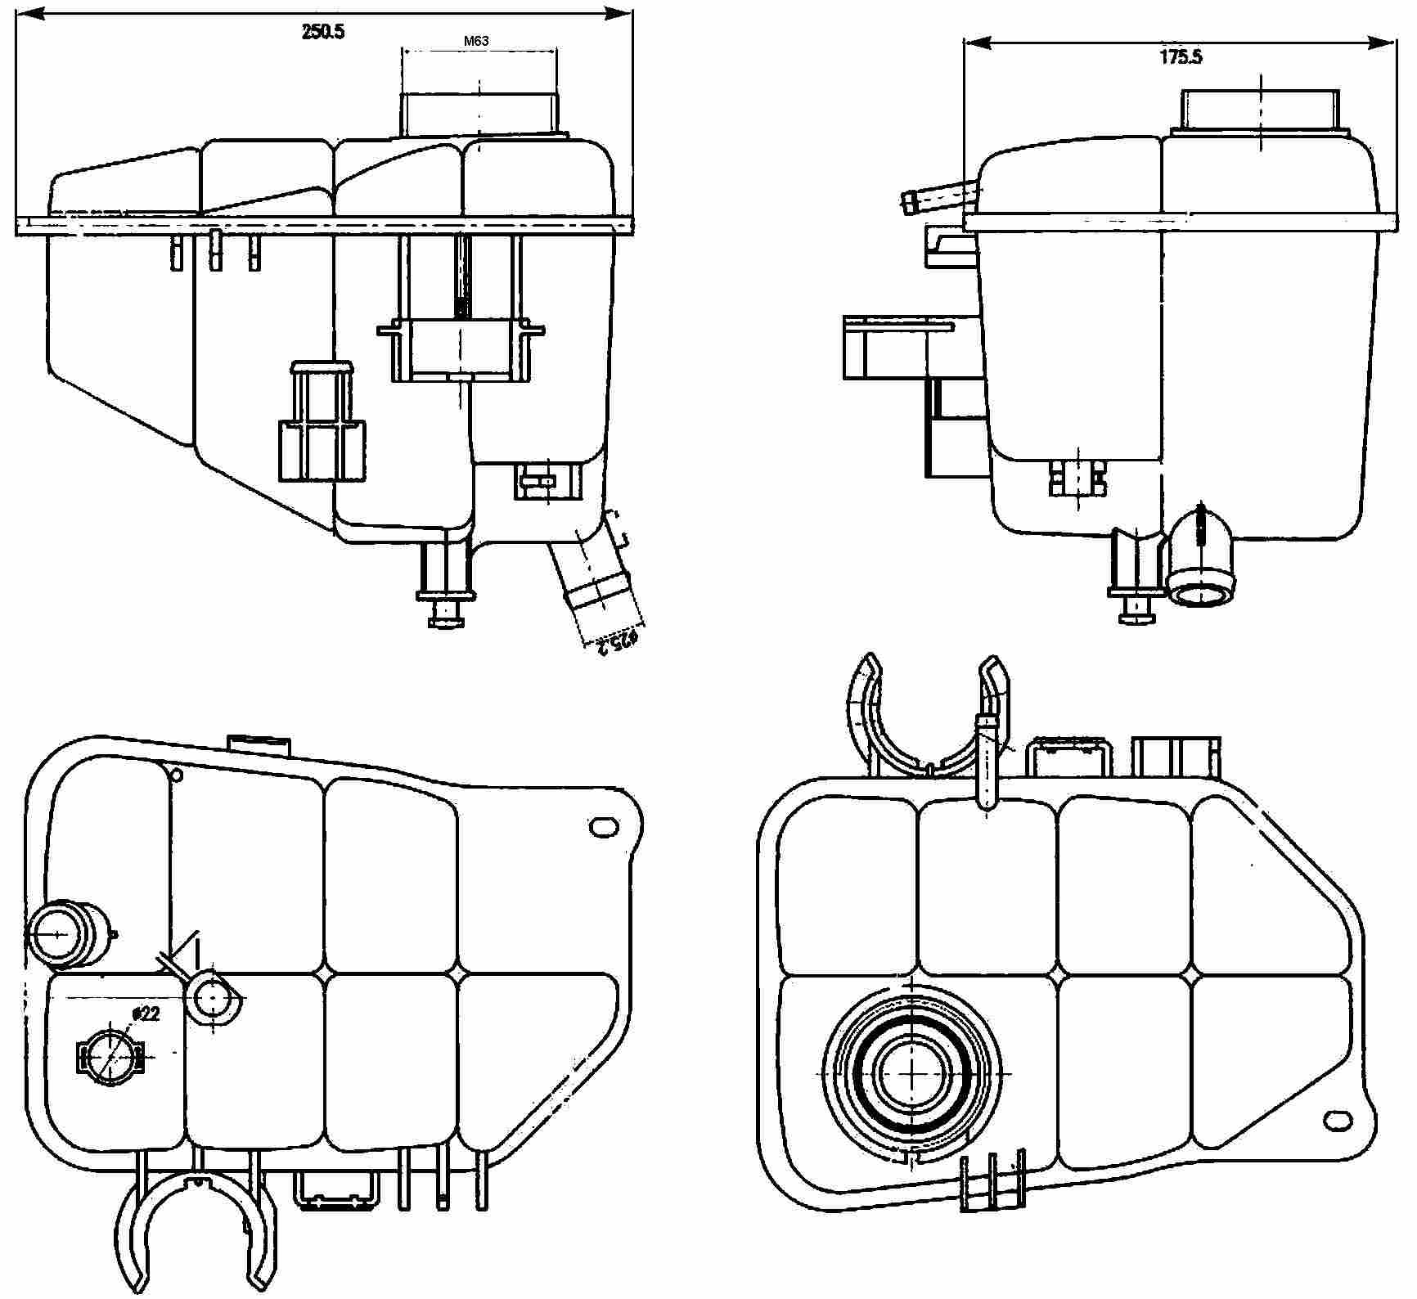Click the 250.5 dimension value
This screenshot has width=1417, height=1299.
point(323,32)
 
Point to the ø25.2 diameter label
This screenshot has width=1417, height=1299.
point(617,641)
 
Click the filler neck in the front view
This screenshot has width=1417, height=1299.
point(479,113)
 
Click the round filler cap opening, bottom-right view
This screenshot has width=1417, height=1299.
point(911,1072)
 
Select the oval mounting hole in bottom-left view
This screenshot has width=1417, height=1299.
point(604,827)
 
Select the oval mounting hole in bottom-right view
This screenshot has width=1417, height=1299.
point(1338,1120)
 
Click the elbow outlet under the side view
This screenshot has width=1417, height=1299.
point(1201,564)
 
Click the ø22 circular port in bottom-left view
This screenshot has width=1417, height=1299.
point(109,1055)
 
